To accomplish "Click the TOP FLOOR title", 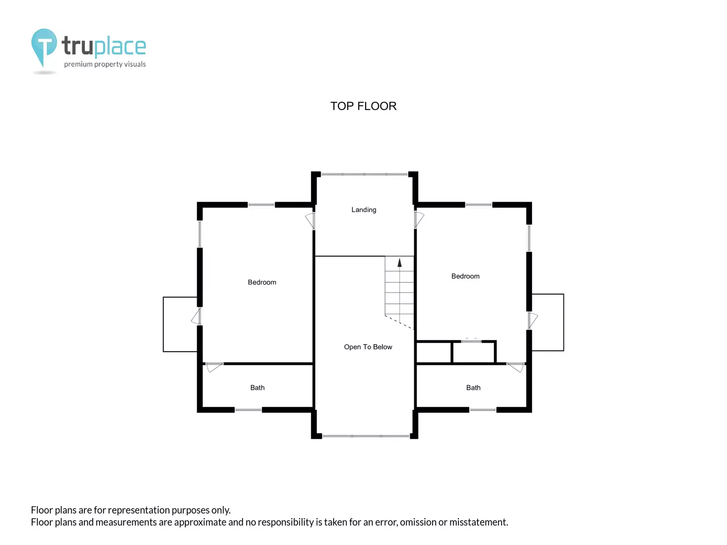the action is tap(363, 106).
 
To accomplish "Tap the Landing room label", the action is tap(363, 210).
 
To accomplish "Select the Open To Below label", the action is tap(368, 347).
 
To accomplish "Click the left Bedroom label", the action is tap(262, 282).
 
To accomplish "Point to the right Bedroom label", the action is tap(465, 276).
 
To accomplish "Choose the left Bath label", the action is tap(257, 388).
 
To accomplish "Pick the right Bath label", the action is tap(473, 388).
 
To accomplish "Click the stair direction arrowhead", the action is tap(399, 263).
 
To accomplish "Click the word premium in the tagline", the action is tap(78, 64).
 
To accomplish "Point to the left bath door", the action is tap(214, 367).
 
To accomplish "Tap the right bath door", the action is tap(515, 367).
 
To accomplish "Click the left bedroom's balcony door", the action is tap(196, 317).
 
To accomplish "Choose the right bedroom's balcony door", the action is tap(533, 320).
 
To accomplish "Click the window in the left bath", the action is tap(249, 410).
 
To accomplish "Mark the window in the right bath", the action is tap(483, 410).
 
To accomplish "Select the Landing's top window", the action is tap(364, 174).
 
